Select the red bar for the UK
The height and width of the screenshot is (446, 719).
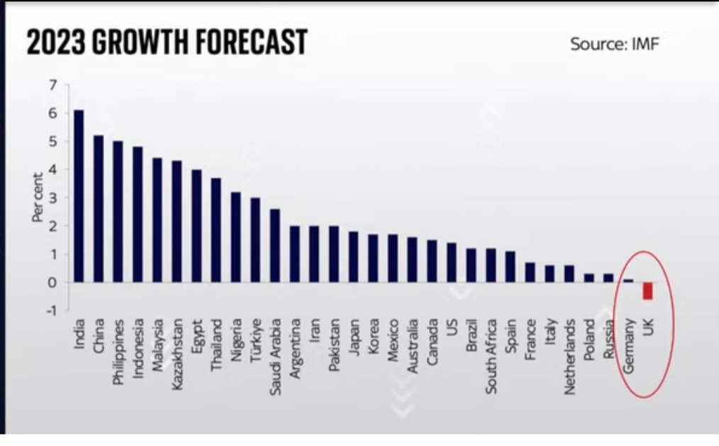tap(647, 290)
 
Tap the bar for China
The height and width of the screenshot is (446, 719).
tap(99, 209)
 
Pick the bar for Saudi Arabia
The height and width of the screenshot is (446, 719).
tap(275, 246)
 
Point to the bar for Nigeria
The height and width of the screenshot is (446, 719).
tap(235, 237)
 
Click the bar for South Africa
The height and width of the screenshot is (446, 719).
tap(491, 266)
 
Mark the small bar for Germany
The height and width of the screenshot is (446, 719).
tap(628, 281)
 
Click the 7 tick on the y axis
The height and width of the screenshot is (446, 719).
tap(52, 85)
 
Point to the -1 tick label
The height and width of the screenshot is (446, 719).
tap(51, 310)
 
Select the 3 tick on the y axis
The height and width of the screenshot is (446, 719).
tap(52, 198)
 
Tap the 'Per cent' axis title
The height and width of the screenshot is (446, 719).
tap(38, 197)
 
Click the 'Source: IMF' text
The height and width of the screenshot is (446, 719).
tap(615, 44)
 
